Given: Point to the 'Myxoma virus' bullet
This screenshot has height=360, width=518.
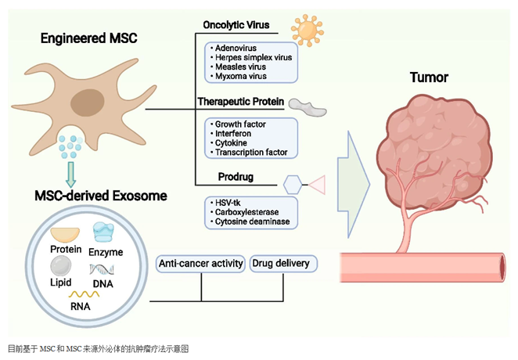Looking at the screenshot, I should (x=240, y=76).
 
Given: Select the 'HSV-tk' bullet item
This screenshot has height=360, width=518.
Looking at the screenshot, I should (x=228, y=203).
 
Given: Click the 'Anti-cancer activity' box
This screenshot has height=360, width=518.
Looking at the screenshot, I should (x=201, y=264).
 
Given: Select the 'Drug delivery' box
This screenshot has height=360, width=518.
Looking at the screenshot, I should (x=280, y=264).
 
